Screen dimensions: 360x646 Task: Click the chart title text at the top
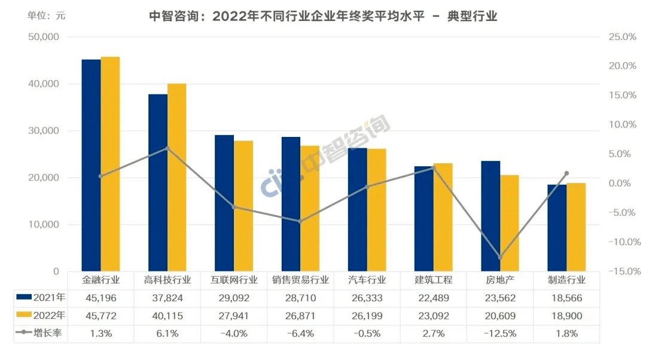pyautogui.click(x=323, y=16)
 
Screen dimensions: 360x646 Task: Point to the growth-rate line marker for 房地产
pyautogui.click(x=500, y=257)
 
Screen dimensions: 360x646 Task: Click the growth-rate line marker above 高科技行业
pyautogui.click(x=167, y=148)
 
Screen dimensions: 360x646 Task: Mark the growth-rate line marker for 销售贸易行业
pyautogui.click(x=300, y=221)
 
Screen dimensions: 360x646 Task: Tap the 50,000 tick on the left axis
pyautogui.click(x=44, y=37)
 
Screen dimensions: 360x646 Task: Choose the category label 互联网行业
pyautogui.click(x=234, y=279)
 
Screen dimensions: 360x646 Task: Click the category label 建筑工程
pyautogui.click(x=434, y=279)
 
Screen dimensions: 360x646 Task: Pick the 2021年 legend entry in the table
pyautogui.click(x=41, y=297)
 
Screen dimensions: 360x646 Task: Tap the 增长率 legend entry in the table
pyautogui.click(x=41, y=334)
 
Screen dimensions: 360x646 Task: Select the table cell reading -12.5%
pyautogui.click(x=500, y=334)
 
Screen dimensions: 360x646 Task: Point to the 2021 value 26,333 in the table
pyautogui.click(x=367, y=297)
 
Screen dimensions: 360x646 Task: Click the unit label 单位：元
pyautogui.click(x=46, y=16)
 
